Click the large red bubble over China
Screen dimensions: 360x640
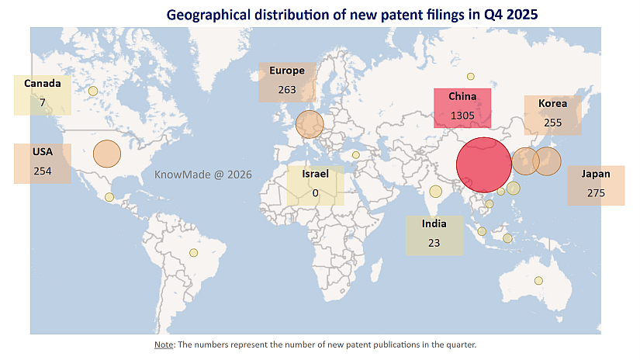[x=484, y=165]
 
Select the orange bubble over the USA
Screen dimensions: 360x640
[x=107, y=154]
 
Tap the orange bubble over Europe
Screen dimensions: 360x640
[x=310, y=124]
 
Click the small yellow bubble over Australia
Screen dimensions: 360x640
[x=538, y=280]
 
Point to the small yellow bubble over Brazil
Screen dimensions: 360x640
[x=194, y=252]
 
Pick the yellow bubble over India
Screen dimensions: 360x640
[x=435, y=192]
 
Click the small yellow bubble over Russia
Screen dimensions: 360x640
[x=470, y=76]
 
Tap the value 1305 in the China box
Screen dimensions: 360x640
[x=462, y=116]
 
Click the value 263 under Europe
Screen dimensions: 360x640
[x=287, y=89]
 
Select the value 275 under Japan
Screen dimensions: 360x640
[x=596, y=192]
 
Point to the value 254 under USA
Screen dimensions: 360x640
[x=43, y=170]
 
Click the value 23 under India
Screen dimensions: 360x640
[x=434, y=243]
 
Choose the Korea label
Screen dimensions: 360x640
[x=553, y=103]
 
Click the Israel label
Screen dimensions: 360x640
[x=316, y=174]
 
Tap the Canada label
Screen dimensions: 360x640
[x=43, y=83]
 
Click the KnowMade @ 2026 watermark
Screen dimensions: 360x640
[x=203, y=175]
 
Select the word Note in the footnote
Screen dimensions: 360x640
[x=164, y=344]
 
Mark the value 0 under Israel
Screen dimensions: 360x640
[x=316, y=192]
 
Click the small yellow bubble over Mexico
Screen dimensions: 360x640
[x=109, y=197]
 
